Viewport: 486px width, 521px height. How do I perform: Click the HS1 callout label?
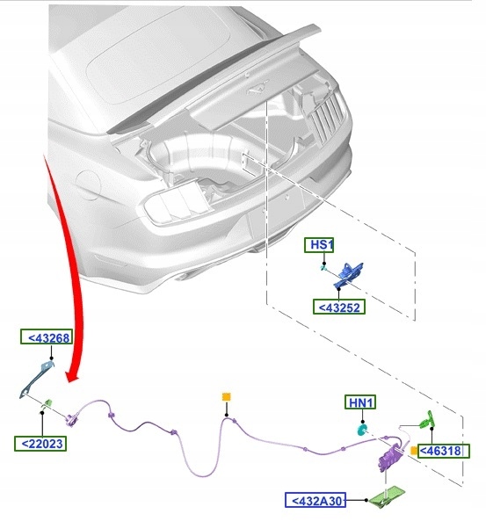coord(319,245)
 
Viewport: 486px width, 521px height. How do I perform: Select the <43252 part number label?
coord(338,307)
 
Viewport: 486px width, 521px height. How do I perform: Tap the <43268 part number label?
coord(47,336)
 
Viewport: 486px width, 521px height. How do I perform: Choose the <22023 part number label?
coord(40,444)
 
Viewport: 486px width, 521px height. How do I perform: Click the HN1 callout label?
coord(360,402)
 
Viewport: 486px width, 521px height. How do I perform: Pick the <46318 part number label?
coord(444,451)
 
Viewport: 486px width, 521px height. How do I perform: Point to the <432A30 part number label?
coord(316,500)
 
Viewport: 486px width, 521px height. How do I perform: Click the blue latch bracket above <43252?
coord(348,275)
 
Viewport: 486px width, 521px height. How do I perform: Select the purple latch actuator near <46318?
coord(391,457)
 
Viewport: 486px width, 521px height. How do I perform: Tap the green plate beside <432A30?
coord(388,496)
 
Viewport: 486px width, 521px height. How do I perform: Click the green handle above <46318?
coord(427,420)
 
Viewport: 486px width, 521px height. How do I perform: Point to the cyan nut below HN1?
coord(361,430)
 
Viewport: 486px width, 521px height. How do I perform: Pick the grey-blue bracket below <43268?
coord(36,380)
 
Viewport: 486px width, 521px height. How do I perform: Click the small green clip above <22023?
coord(47,403)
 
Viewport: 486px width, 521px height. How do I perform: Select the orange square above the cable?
coord(226,397)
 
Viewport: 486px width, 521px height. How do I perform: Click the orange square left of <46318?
coord(414,451)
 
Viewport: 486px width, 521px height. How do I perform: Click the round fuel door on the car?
coord(88,185)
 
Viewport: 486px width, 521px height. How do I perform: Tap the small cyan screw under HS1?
coord(323,267)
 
